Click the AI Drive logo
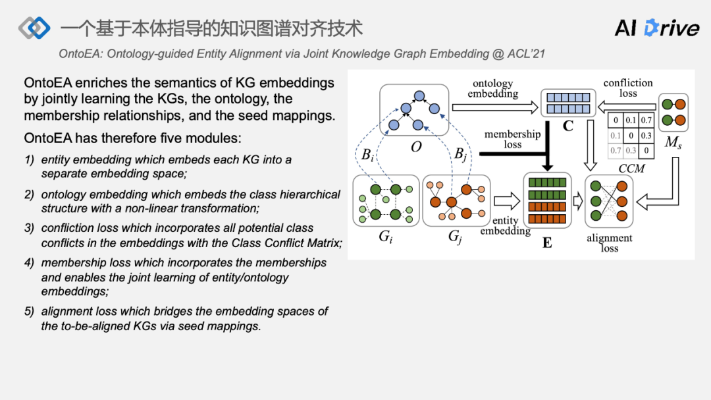656,28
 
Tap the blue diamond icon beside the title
34,28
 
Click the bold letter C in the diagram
567,125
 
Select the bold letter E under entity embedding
547,243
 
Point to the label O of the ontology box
416,147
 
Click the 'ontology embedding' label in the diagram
492,89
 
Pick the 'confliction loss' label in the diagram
628,88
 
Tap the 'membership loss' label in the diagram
512,139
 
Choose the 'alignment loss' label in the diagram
610,243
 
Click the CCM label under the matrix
631,169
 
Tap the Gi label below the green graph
386,235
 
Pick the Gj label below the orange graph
455,235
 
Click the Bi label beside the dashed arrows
368,156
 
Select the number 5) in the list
29,311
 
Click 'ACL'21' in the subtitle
526,53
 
